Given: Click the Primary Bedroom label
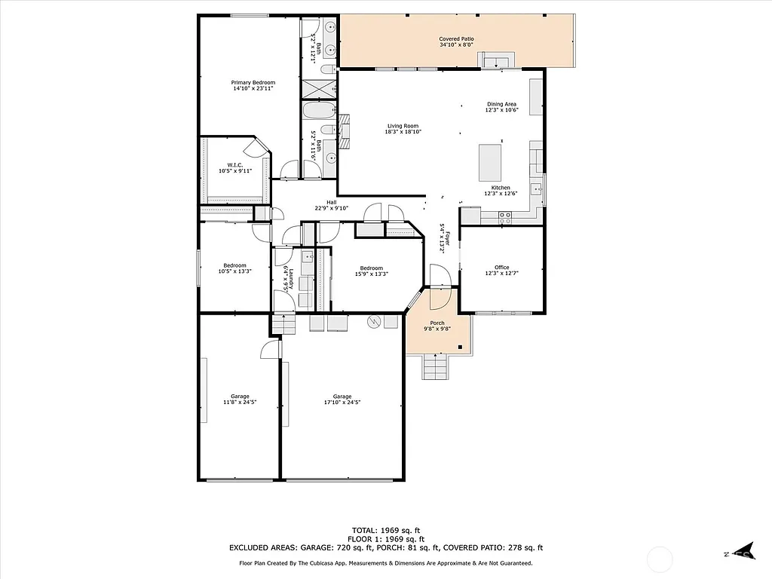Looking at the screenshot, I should (x=253, y=82).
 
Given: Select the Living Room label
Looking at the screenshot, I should (x=403, y=126).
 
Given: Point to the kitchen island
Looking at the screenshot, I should (x=489, y=161).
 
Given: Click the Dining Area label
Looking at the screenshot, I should (x=501, y=104).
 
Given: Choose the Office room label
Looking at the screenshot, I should (x=501, y=267).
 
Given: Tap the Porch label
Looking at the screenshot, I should (x=437, y=323).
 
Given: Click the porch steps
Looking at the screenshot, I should (x=437, y=368).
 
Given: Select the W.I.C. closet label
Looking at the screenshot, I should (x=234, y=165).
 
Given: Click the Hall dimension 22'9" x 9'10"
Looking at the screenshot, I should (x=331, y=209).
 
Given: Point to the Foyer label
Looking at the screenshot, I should (x=446, y=239).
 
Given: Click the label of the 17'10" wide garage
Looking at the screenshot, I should (x=342, y=397).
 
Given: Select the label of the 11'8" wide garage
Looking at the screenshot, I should (x=240, y=397).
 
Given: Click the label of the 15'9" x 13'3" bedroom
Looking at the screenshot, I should (x=371, y=268).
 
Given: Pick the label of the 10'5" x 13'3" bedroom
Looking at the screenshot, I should (x=234, y=265).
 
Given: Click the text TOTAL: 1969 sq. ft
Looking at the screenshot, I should (x=385, y=530).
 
